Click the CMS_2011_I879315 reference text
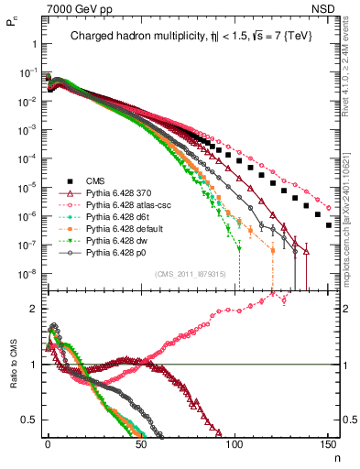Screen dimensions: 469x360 coord(189,275)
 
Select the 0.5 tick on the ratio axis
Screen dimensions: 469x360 coord(33,420)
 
